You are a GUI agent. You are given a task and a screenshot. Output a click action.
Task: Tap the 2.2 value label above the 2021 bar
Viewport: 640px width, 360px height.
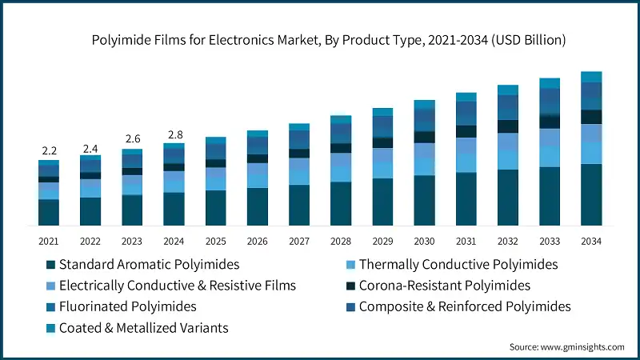click(x=49, y=150)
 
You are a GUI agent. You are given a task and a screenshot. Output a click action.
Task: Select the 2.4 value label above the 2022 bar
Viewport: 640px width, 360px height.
click(x=90, y=148)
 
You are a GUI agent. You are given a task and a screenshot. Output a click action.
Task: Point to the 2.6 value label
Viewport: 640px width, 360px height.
click(x=132, y=138)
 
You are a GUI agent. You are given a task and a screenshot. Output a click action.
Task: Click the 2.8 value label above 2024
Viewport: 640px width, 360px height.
click(x=174, y=134)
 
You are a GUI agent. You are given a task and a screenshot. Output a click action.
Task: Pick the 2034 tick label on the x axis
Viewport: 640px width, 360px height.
click(x=591, y=241)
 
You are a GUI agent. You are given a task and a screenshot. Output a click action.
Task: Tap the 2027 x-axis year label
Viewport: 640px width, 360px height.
click(x=299, y=241)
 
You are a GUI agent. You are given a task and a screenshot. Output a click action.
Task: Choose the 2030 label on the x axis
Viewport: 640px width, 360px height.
click(x=424, y=241)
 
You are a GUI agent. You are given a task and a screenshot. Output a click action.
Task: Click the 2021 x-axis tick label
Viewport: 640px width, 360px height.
click(x=49, y=241)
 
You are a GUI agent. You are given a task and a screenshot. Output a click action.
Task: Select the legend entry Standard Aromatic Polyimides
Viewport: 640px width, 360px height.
click(x=149, y=264)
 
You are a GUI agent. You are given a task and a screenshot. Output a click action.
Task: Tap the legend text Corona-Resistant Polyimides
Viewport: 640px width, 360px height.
click(x=445, y=286)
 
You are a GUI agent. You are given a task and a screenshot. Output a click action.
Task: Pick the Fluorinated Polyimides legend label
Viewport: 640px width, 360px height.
click(x=127, y=306)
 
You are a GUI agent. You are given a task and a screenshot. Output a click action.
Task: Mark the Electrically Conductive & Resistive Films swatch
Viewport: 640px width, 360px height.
click(x=50, y=286)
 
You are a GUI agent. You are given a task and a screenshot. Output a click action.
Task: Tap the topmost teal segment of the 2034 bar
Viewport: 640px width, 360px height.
click(x=591, y=77)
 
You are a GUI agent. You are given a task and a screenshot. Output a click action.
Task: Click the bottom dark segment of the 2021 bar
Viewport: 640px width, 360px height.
click(x=49, y=212)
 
